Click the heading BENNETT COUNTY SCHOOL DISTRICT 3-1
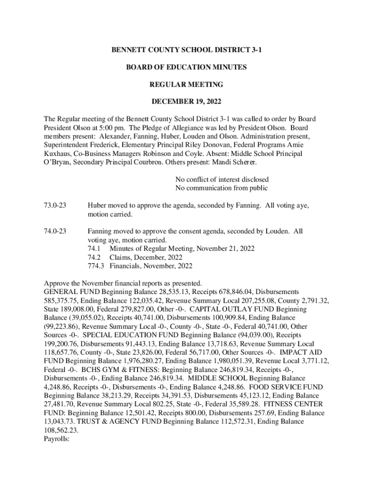click(x=186, y=50)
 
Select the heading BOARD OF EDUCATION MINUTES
click(x=186, y=67)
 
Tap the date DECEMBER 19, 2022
click(x=186, y=102)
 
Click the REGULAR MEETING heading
click(x=186, y=85)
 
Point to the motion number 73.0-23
click(x=55, y=205)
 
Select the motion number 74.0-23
click(x=55, y=232)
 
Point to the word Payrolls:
click(x=57, y=439)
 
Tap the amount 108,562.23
click(x=61, y=431)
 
